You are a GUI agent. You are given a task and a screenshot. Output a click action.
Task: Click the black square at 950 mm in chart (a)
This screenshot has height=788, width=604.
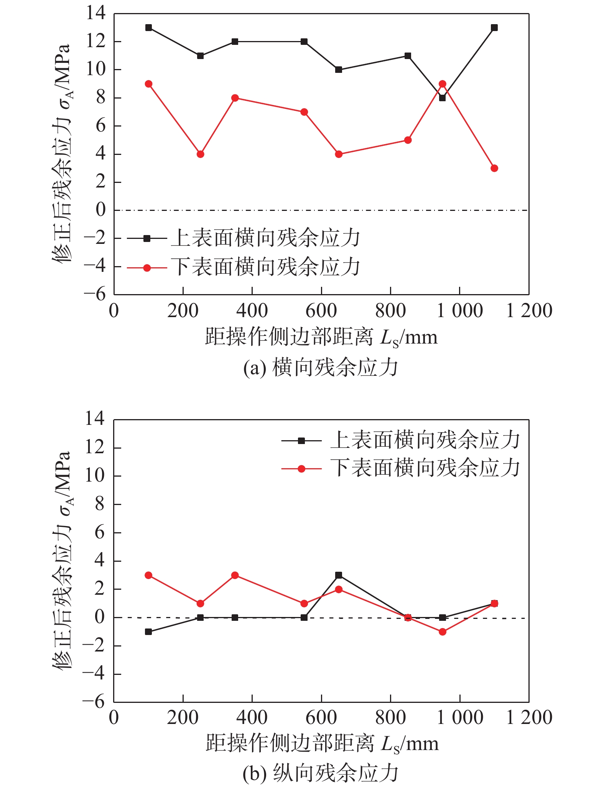pyautogui.click(x=442, y=98)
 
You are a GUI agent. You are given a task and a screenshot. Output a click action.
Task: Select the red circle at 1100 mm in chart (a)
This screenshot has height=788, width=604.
pyautogui.click(x=494, y=168)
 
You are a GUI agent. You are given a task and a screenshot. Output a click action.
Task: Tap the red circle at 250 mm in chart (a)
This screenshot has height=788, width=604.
pyautogui.click(x=200, y=154)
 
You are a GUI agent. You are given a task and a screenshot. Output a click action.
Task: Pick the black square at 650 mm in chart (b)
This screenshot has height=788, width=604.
pyautogui.click(x=339, y=575)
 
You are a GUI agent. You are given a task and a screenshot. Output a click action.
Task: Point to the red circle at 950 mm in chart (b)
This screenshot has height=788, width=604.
pyautogui.click(x=442, y=632)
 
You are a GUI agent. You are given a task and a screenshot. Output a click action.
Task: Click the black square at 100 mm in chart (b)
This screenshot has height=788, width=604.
pyautogui.click(x=148, y=632)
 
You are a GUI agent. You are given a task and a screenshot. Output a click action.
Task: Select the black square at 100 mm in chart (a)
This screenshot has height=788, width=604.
pyautogui.click(x=148, y=28)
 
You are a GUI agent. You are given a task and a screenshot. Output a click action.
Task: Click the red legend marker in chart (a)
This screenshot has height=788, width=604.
pyautogui.click(x=147, y=268)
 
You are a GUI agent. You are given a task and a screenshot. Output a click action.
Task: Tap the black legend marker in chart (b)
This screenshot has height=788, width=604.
pyautogui.click(x=301, y=441)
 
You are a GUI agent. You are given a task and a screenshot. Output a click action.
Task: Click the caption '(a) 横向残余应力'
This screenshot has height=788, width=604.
pyautogui.click(x=321, y=368)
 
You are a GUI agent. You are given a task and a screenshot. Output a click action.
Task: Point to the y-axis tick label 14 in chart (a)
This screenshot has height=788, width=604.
pyautogui.click(x=95, y=13)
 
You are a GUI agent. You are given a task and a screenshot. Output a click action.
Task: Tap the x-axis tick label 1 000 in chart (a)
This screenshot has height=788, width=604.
pyautogui.click(x=460, y=311)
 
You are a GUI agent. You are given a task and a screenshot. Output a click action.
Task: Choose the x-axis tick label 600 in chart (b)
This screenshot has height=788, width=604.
pyautogui.click(x=321, y=717)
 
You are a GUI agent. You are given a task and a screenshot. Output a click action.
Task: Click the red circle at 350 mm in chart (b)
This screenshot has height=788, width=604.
pyautogui.click(x=235, y=575)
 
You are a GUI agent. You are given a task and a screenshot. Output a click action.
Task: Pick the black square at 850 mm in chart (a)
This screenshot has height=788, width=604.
pyautogui.click(x=408, y=56)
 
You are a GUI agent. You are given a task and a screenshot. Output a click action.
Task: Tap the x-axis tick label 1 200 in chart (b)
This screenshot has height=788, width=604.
pyautogui.click(x=529, y=717)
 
